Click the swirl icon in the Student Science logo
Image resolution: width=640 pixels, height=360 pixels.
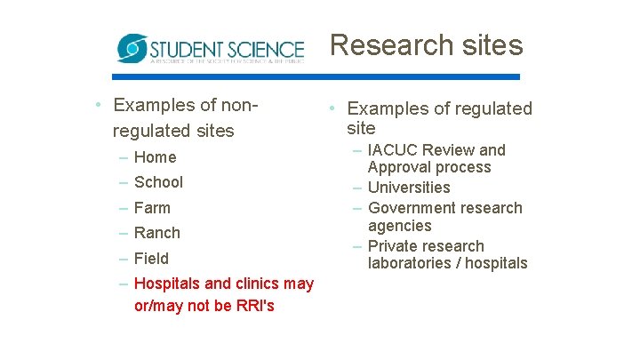click(x=132, y=48)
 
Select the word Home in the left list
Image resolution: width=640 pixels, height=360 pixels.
click(x=156, y=157)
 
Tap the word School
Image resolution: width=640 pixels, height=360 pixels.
click(x=158, y=182)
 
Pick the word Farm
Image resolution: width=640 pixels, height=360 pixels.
click(x=152, y=208)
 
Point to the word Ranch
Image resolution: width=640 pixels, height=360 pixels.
click(x=156, y=233)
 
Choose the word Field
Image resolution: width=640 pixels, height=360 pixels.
click(x=151, y=259)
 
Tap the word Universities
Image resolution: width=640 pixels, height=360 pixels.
click(x=409, y=188)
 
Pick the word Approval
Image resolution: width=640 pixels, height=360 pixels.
click(x=397, y=167)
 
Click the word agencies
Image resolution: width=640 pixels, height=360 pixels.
click(x=400, y=226)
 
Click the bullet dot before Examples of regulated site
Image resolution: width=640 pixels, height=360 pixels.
click(x=329, y=108)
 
